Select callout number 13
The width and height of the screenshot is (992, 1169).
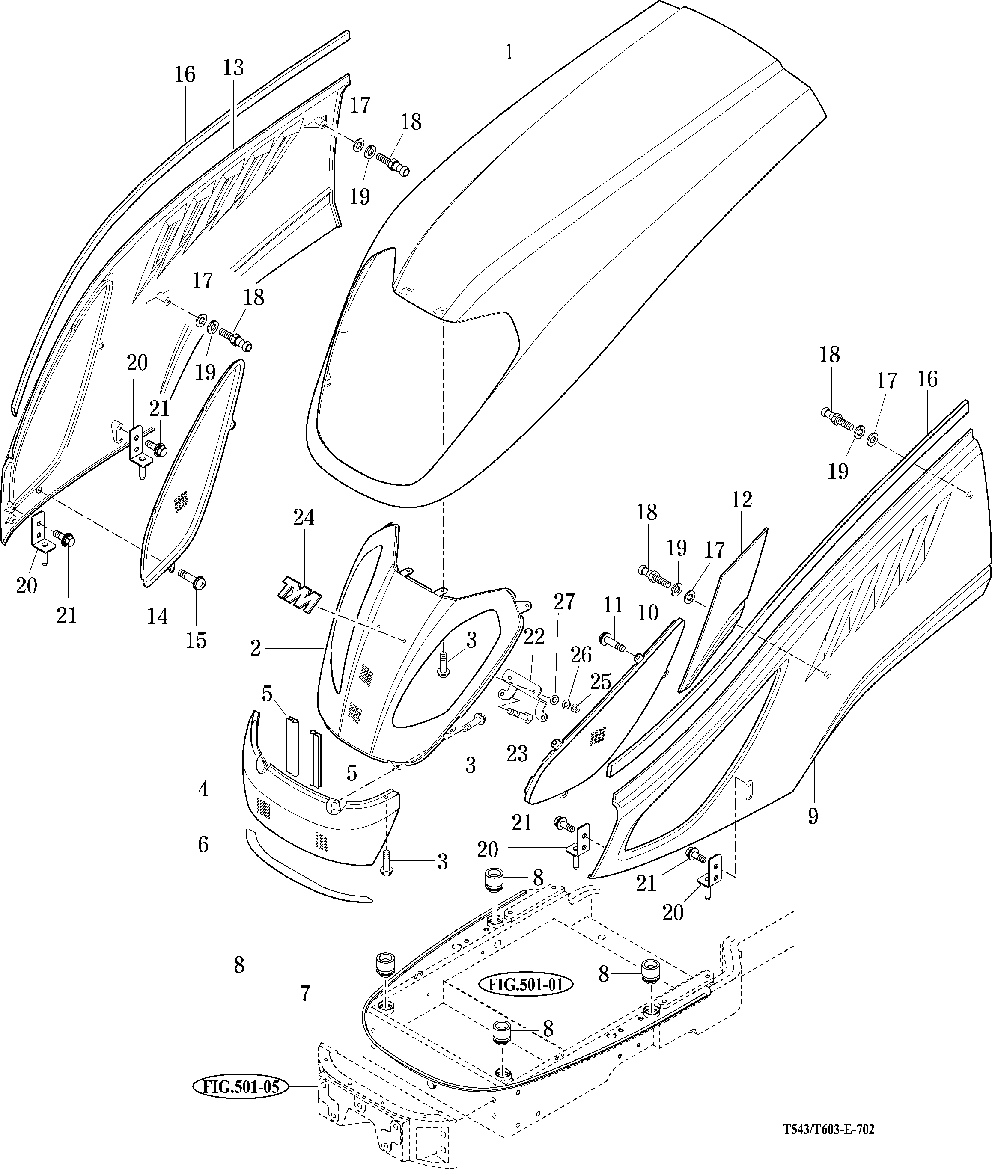click(x=233, y=68)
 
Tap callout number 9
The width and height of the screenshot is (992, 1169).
click(x=813, y=816)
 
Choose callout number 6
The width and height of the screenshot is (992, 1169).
click(x=203, y=844)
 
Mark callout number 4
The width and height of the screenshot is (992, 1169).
click(x=203, y=789)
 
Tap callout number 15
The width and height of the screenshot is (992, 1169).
click(x=196, y=640)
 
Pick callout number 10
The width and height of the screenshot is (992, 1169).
click(x=648, y=613)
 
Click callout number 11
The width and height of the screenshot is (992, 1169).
click(x=613, y=605)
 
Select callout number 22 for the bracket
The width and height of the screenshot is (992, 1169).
click(x=534, y=637)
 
